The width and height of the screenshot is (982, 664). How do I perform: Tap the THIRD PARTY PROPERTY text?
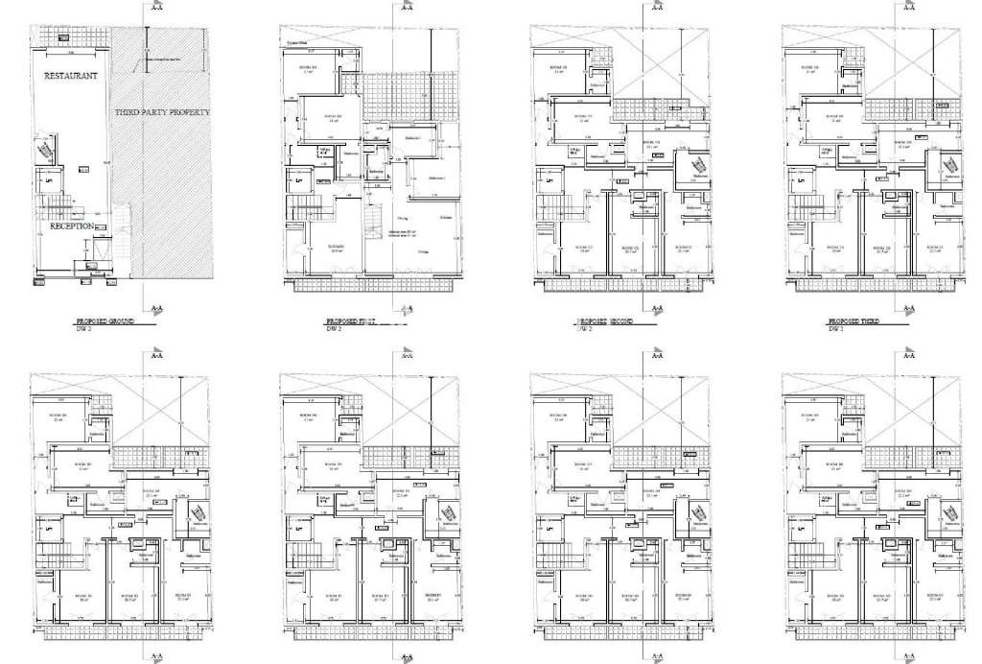tap(162, 113)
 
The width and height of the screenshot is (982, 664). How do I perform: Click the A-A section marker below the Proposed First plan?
tap(407, 309)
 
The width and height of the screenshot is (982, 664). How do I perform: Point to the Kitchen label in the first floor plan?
tap(446, 219)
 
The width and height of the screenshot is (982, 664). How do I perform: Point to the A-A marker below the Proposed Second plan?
tap(656, 309)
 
